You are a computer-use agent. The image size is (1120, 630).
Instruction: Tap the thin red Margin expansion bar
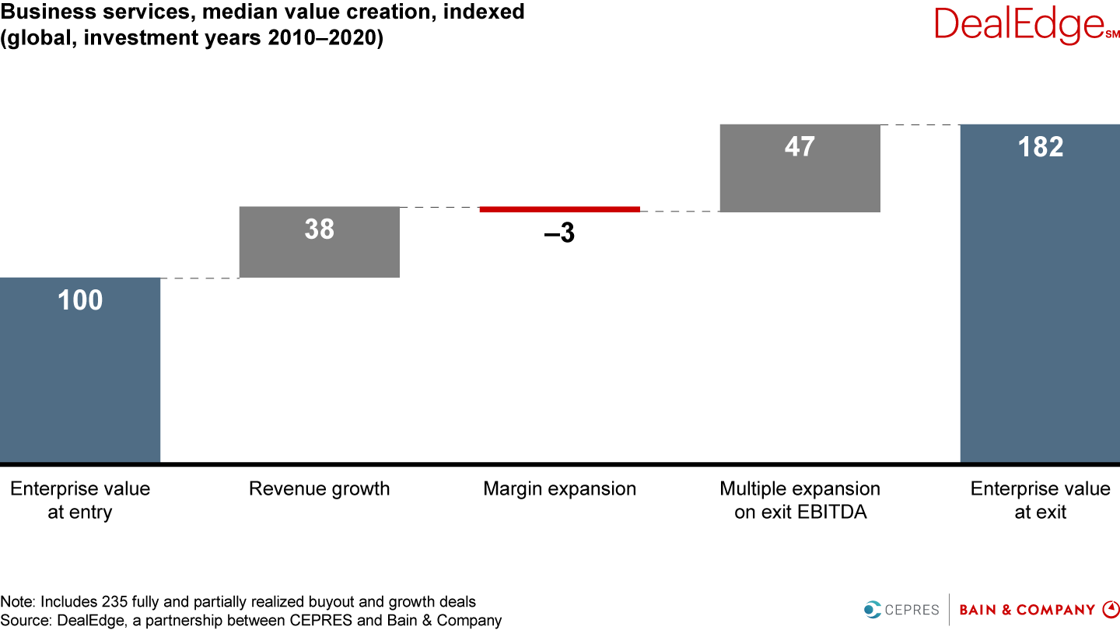[559, 209]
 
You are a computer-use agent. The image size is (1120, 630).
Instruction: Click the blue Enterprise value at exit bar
[1040, 311]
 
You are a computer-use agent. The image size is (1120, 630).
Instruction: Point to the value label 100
[80, 300]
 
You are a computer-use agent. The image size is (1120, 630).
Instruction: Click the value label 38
[319, 229]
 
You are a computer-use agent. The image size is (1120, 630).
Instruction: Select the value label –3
[559, 233]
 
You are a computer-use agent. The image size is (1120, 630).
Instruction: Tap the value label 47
[800, 146]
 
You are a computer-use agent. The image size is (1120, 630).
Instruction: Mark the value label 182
[1040, 147]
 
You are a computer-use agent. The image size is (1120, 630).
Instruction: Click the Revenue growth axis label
[319, 488]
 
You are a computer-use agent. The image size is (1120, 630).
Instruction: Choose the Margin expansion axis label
[559, 488]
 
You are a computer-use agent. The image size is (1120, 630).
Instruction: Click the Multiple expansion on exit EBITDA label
[800, 500]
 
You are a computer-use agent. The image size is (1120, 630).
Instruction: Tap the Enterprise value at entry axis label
[80, 500]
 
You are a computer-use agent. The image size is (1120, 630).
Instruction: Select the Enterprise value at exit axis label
[1040, 500]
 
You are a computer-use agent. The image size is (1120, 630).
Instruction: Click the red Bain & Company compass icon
[1110, 609]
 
